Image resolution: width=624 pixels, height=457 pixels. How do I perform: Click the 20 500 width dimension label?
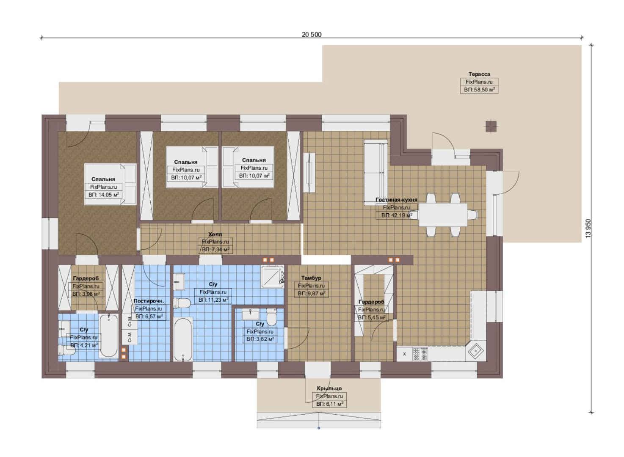click(312, 35)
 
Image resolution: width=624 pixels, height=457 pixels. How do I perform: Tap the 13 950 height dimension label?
click(588, 228)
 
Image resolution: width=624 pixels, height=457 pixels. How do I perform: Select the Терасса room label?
click(479, 74)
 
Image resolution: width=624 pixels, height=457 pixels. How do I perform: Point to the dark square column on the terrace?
click(491, 127)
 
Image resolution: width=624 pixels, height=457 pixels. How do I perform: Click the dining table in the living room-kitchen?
click(443, 215)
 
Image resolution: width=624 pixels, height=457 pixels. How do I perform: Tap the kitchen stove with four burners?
click(420, 354)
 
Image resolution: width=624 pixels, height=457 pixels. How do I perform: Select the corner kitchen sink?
click(476, 352)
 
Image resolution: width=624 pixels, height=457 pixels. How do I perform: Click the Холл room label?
click(215, 234)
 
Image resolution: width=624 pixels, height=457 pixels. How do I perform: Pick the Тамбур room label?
click(311, 278)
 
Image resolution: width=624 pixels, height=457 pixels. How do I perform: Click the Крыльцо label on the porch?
click(329, 388)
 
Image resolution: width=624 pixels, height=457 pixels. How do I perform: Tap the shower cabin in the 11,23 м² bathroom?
click(273, 277)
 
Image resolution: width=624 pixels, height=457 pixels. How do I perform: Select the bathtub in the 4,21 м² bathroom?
click(109, 336)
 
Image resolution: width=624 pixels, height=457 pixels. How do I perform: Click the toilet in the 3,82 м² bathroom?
click(271, 317)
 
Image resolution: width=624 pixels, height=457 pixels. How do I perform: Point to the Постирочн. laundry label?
click(149, 301)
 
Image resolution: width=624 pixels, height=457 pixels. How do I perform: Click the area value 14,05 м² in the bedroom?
click(104, 195)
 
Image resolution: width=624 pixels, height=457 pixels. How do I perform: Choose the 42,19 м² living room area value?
click(397, 215)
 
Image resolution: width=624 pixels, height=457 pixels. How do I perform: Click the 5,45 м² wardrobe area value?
click(372, 317)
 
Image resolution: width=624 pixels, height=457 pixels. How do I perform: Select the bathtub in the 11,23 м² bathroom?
click(183, 339)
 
